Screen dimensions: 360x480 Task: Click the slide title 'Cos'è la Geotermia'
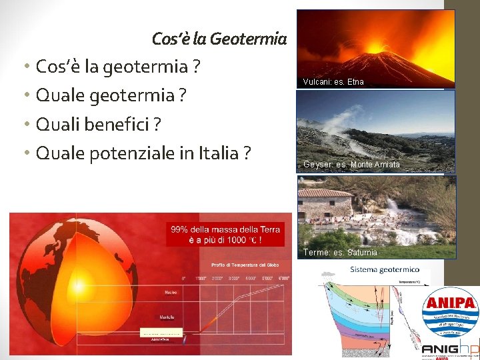click(219, 39)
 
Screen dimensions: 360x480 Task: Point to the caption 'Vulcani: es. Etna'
click(333, 82)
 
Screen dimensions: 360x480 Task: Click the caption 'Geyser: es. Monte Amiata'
click(351, 165)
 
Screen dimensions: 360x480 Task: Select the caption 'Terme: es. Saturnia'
click(340, 253)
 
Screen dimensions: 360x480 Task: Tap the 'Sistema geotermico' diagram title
click(385, 269)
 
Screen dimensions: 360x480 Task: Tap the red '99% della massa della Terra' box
click(220, 234)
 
